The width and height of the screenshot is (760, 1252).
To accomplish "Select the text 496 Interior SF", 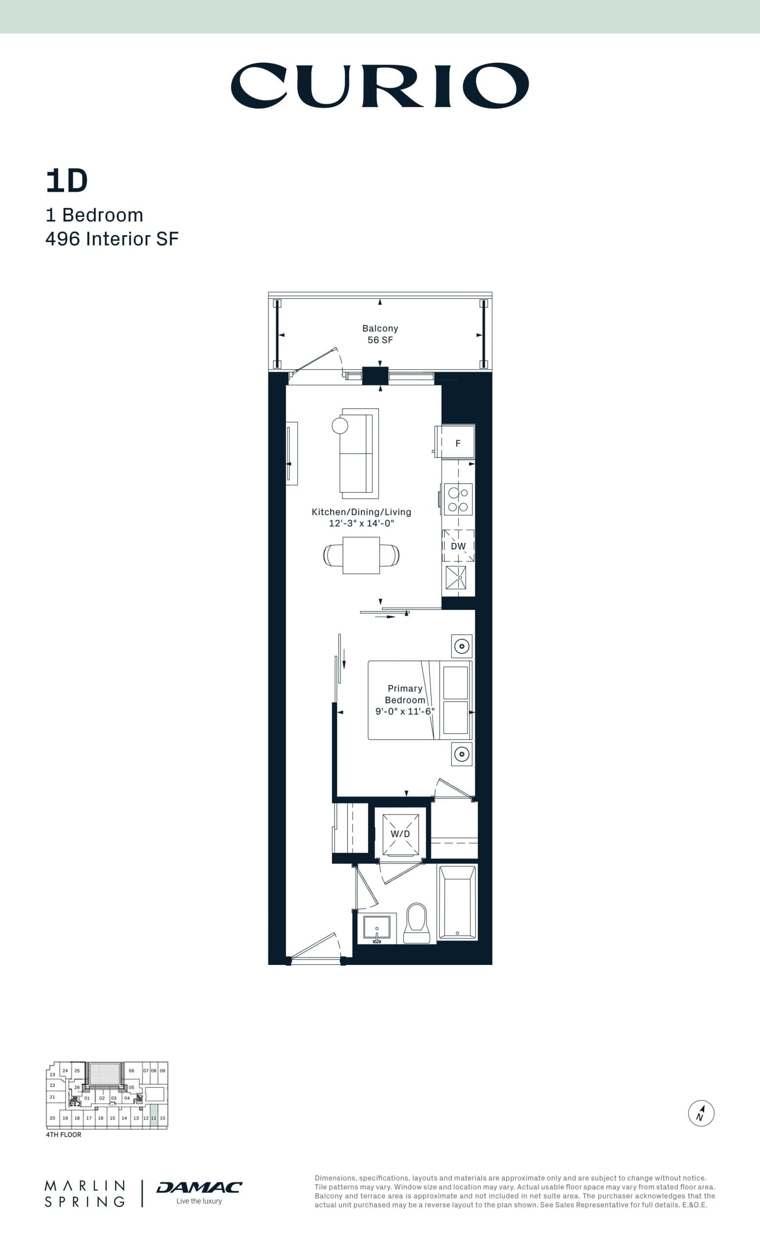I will [112, 239].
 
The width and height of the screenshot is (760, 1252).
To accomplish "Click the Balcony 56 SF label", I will [380, 335].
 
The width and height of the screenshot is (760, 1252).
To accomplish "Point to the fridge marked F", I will [458, 443].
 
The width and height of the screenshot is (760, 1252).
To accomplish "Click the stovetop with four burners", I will [458, 499].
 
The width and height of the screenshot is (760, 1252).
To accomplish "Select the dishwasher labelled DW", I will [458, 546].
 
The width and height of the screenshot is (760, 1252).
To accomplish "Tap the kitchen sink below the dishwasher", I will [456, 578].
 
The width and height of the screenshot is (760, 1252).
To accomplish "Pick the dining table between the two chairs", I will [361, 556].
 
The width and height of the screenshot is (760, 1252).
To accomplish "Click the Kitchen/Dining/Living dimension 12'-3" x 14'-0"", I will [361, 523].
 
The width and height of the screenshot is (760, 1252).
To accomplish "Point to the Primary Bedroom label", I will [405, 694].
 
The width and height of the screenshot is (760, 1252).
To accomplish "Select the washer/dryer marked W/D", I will [401, 834].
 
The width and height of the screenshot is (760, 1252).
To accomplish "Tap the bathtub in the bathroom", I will [457, 902].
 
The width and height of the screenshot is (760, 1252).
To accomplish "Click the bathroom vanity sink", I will [377, 927].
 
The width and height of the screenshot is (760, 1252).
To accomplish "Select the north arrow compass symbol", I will [701, 1113].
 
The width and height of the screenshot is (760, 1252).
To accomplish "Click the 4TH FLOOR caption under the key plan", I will [64, 1135].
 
